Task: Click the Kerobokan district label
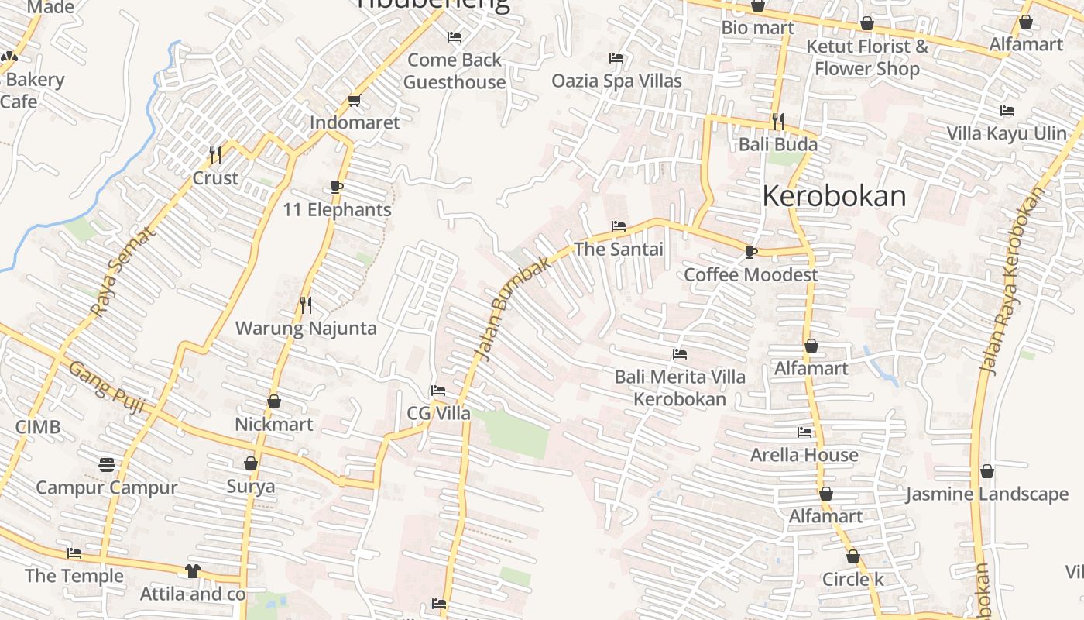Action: (x=834, y=196)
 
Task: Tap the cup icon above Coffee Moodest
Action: (x=750, y=251)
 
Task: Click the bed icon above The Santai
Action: (x=618, y=226)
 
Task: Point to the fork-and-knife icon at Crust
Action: (x=215, y=154)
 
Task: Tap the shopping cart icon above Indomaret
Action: (x=355, y=100)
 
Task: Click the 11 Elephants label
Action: (x=337, y=210)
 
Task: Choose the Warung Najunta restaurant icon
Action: (x=306, y=305)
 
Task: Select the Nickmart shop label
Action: (x=274, y=425)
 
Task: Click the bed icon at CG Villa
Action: (x=438, y=391)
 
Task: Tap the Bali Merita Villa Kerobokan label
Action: (x=680, y=387)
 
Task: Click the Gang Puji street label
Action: (x=107, y=386)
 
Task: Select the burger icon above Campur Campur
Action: (x=107, y=464)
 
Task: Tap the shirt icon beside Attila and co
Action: (x=192, y=571)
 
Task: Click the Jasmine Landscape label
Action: (x=986, y=494)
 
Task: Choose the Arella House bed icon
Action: (x=804, y=432)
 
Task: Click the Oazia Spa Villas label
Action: (x=616, y=81)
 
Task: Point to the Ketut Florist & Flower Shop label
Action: (x=867, y=57)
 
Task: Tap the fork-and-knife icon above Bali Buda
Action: (x=778, y=121)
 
